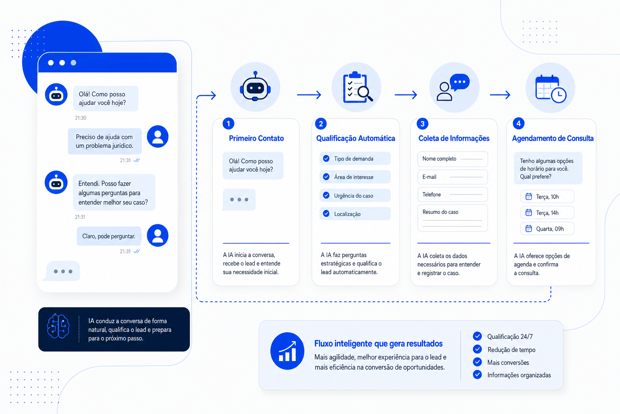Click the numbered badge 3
(422, 124)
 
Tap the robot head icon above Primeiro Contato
(255, 86)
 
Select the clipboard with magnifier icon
(358, 87)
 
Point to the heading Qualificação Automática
(355, 138)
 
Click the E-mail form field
(452, 177)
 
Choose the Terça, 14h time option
(547, 213)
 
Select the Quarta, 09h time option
(547, 229)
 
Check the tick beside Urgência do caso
(326, 196)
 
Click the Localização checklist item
(355, 214)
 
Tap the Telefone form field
(452, 194)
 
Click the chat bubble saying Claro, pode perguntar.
(109, 236)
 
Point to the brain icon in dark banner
(58, 326)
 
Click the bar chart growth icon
(287, 351)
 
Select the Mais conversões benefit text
(508, 362)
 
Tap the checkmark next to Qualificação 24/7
(477, 336)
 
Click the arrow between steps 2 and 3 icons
(406, 95)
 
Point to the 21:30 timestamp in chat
(81, 118)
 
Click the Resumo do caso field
(452, 218)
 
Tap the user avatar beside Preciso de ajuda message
(158, 136)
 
